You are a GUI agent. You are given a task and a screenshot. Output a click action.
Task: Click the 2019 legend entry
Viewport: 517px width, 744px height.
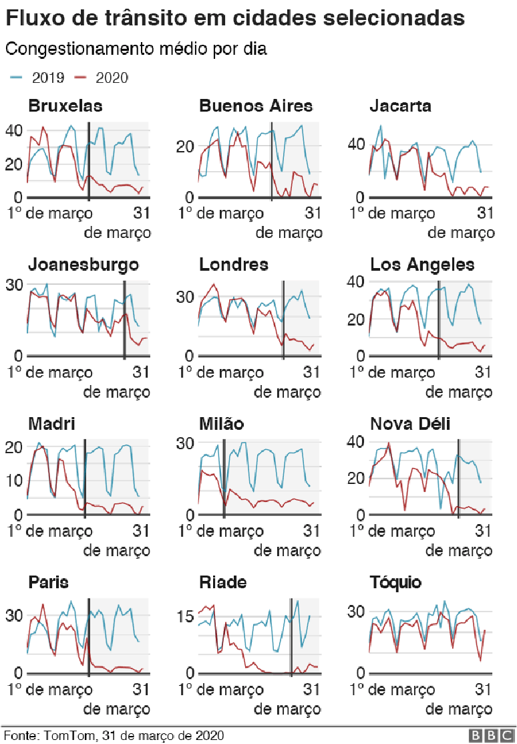click(38, 78)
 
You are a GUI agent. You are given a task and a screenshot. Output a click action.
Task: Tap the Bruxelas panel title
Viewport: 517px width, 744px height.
click(65, 106)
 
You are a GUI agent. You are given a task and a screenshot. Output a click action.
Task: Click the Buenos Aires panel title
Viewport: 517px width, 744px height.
click(256, 106)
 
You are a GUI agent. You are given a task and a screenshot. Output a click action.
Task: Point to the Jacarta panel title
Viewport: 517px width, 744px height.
click(400, 106)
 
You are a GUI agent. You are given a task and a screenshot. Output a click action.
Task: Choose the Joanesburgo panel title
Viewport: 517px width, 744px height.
click(83, 265)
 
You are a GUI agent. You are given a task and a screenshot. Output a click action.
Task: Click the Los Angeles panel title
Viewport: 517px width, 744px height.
click(422, 265)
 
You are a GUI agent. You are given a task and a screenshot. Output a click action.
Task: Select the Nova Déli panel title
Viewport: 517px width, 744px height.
click(410, 424)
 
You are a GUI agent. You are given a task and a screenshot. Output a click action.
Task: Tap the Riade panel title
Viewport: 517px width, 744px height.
click(223, 582)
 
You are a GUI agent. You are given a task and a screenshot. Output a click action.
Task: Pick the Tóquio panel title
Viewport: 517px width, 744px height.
click(395, 582)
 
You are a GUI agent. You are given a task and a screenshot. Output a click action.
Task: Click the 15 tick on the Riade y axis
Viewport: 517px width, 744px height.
click(185, 616)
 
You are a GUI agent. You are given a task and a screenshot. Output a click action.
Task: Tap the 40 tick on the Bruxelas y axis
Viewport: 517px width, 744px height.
click(14, 130)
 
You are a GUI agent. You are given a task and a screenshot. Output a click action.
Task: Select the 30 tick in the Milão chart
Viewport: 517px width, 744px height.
click(185, 443)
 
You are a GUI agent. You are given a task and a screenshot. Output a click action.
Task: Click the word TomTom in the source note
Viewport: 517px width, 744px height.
click(65, 735)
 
